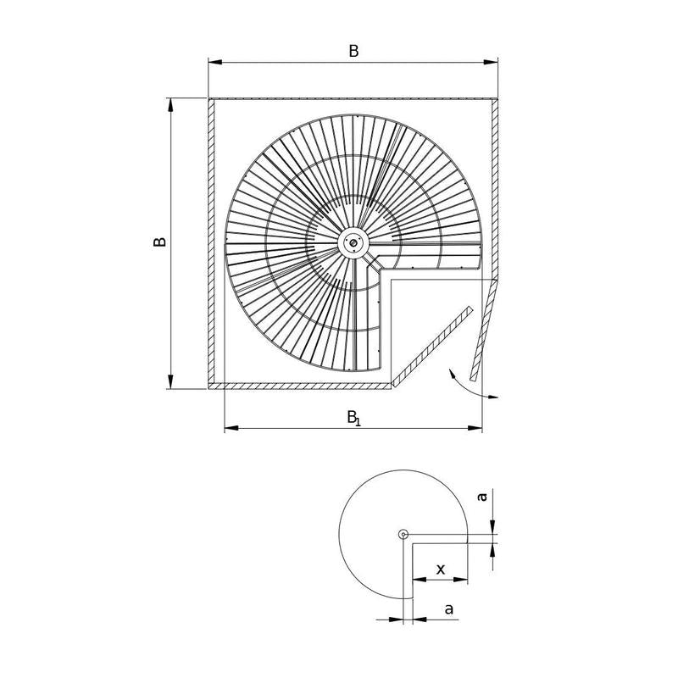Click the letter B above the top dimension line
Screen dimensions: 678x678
pos(353,51)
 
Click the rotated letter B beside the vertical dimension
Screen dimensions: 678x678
pos(159,242)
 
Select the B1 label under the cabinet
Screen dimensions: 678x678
pos(353,418)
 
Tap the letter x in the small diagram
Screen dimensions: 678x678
pos(440,569)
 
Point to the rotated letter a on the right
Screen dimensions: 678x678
pos(481,497)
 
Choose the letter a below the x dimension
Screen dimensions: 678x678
pos(449,609)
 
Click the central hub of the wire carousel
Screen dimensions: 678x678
pos(353,243)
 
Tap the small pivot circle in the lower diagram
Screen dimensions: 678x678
pos(403,535)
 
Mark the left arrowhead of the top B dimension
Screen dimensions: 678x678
pos(215,62)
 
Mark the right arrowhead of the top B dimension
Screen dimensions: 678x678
pos(491,62)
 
